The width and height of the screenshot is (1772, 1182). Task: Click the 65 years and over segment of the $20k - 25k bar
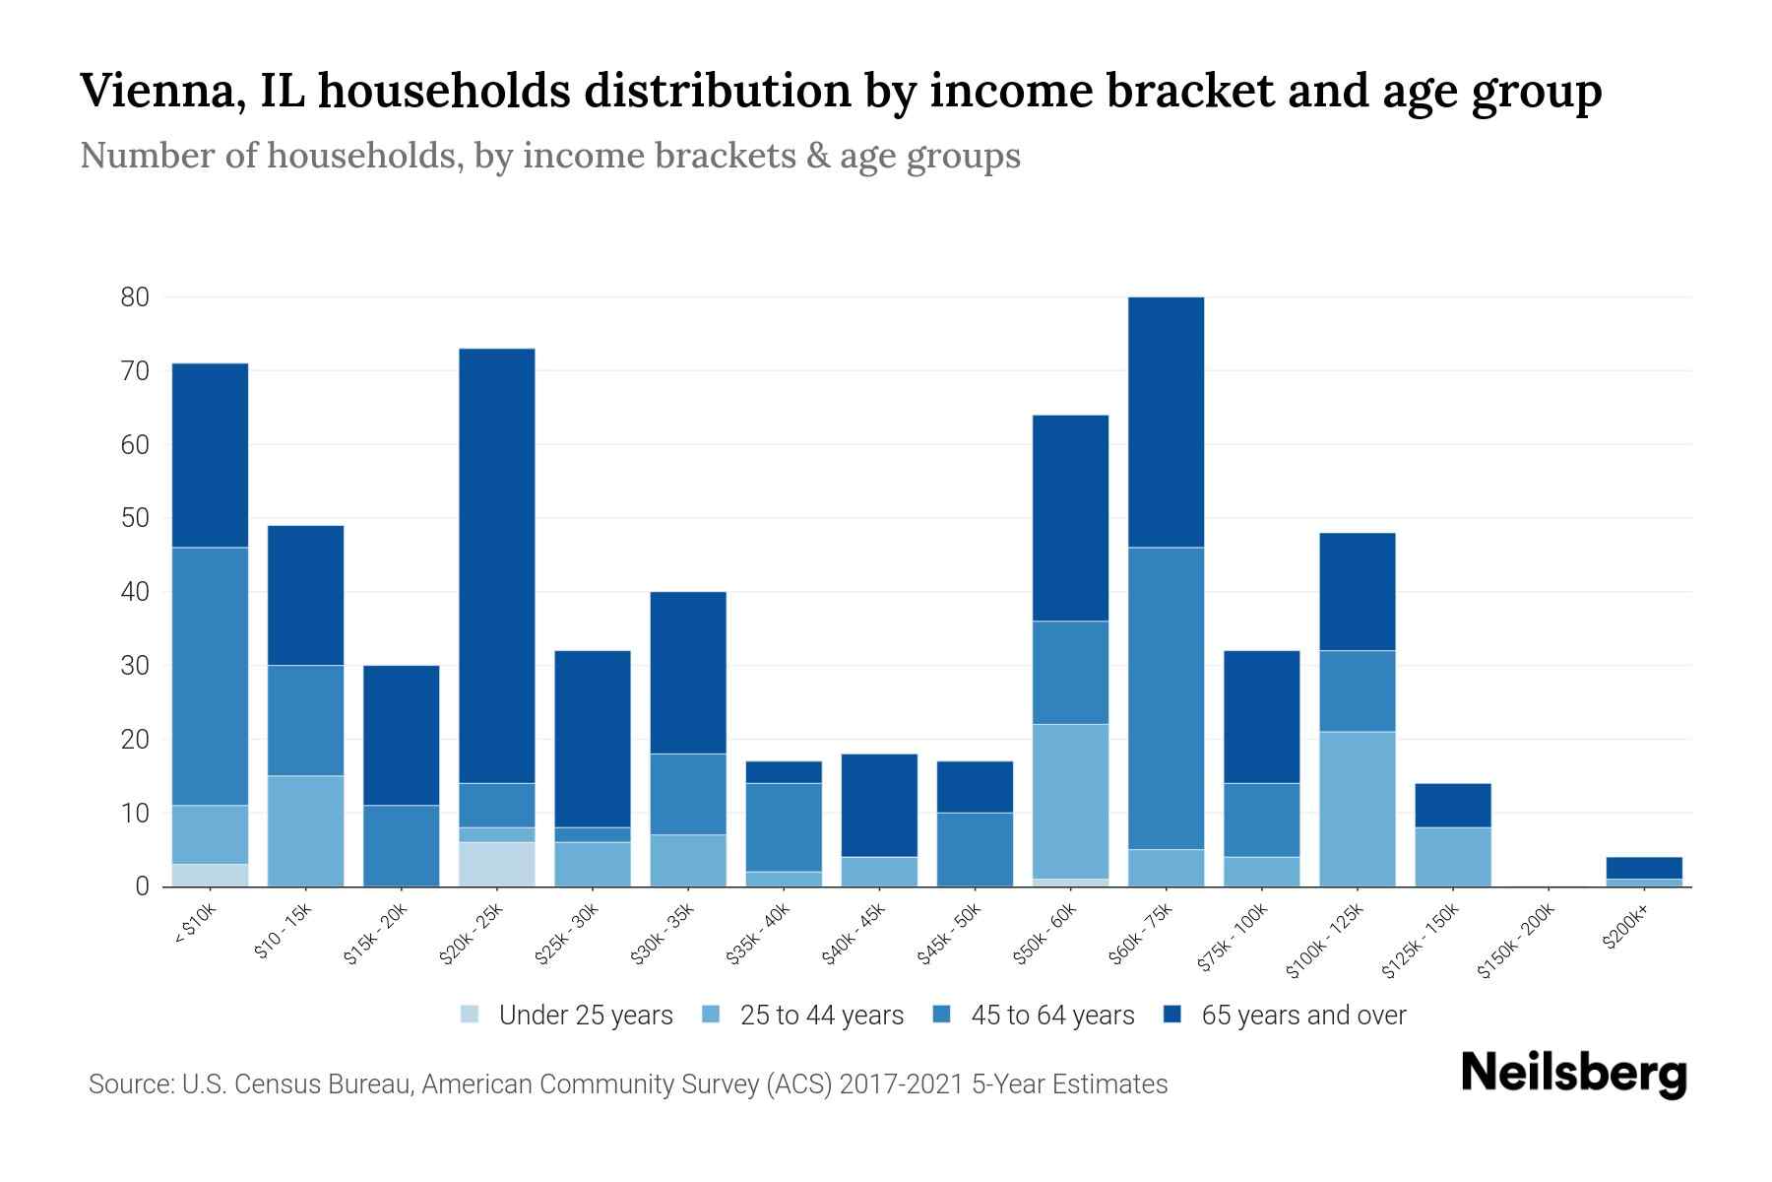tap(497, 565)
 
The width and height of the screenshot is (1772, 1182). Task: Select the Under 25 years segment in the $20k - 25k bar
tap(497, 864)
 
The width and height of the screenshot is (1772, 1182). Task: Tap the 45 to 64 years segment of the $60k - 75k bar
tap(1166, 697)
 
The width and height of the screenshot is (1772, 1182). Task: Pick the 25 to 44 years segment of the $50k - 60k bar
tap(1070, 801)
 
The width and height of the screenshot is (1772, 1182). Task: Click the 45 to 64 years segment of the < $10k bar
tap(210, 676)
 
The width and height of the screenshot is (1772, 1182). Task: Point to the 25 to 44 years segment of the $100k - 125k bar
tap(1358, 809)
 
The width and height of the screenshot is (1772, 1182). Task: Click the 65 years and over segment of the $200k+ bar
tap(1644, 867)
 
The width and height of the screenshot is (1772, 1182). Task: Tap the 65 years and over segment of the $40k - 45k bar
tap(879, 805)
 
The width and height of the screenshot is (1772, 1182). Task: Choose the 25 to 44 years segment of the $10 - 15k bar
tap(306, 830)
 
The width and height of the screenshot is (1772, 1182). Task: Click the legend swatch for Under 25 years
tap(471, 1015)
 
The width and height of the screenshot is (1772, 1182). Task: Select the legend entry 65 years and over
tap(1302, 1015)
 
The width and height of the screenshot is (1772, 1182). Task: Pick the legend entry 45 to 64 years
tap(1051, 1015)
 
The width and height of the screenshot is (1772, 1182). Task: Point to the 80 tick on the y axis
tap(135, 296)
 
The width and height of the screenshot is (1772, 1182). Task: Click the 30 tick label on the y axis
tap(135, 666)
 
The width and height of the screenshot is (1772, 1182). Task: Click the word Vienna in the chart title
tap(158, 92)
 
